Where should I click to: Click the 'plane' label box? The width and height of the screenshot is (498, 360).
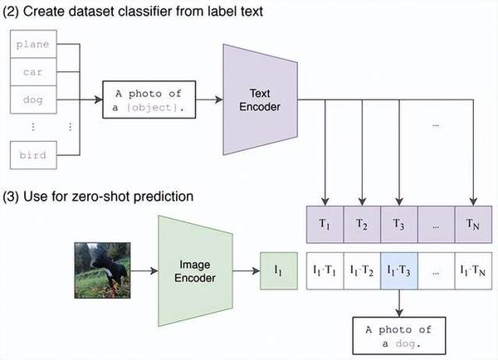33,44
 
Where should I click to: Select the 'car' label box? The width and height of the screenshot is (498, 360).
33,71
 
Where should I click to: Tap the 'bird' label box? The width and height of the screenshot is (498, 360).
33,155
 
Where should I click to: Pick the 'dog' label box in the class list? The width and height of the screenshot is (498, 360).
33,100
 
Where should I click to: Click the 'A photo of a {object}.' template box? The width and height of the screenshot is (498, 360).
149,100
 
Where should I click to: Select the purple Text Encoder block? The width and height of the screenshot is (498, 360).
260,100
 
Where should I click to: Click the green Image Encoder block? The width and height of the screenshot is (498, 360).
195,270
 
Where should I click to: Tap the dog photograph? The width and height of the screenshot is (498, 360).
102,270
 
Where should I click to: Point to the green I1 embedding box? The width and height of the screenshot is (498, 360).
279,270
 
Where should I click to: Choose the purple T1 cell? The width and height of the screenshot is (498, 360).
325,225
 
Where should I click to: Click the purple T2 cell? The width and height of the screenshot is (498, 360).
362,225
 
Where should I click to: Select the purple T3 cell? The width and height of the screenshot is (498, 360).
399,225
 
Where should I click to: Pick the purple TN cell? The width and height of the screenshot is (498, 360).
473,225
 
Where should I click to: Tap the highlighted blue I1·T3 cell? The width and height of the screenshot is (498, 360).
399,270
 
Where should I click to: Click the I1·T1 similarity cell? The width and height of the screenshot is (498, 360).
325,270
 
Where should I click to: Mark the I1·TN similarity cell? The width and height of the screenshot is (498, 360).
473,270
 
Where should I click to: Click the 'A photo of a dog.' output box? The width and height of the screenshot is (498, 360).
399,336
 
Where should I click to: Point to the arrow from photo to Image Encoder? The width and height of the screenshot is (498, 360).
144,270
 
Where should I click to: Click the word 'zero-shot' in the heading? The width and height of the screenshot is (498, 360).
100,197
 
